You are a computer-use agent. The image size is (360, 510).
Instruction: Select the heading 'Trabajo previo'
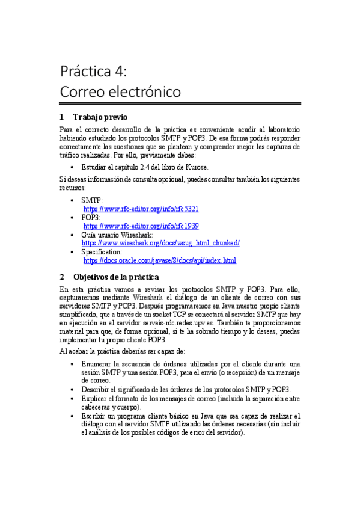(x=100, y=117)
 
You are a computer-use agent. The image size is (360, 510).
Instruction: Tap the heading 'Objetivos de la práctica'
(x=116, y=277)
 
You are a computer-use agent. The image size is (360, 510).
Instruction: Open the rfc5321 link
(x=141, y=209)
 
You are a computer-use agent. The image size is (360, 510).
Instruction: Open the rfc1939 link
(x=141, y=226)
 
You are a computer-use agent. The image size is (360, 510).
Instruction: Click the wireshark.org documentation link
(x=160, y=243)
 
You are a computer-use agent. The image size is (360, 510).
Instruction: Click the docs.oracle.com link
(x=159, y=261)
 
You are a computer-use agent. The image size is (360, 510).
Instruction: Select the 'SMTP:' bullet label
(x=92, y=200)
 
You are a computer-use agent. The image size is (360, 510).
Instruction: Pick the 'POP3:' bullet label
(x=91, y=217)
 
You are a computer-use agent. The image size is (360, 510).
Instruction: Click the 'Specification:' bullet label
(x=102, y=252)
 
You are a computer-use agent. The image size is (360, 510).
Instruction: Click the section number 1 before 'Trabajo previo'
(x=62, y=117)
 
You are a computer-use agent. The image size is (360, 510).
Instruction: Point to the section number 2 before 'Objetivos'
(x=62, y=277)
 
